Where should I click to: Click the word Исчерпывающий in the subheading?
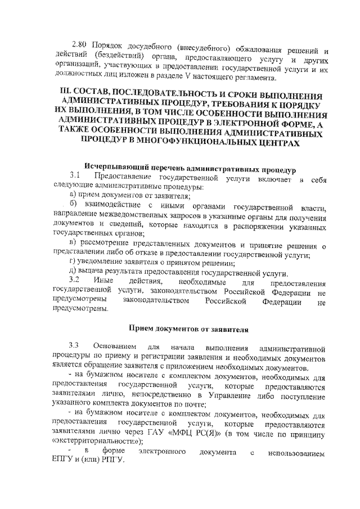pyautogui.click(x=111, y=168)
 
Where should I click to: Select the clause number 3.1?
pyautogui.click(x=75, y=177)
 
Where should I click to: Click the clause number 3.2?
pyautogui.click(x=75, y=280)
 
